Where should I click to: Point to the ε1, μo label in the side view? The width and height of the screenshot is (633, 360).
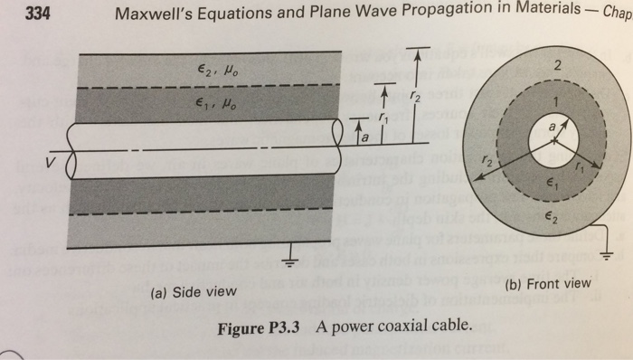[214, 103]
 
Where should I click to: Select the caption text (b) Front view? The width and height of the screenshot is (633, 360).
[550, 282]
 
